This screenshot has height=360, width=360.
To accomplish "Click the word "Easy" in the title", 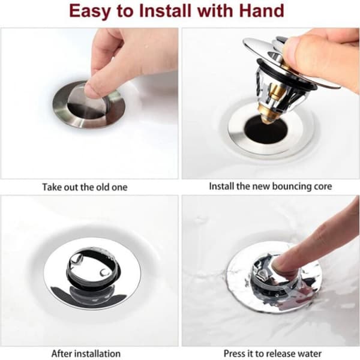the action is (89, 11).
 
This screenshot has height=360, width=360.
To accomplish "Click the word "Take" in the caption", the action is (52, 187).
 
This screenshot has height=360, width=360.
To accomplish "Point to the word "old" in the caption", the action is (103, 187).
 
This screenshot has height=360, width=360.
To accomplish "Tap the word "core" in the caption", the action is (322, 187).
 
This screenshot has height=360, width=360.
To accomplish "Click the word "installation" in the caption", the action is (98, 353).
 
